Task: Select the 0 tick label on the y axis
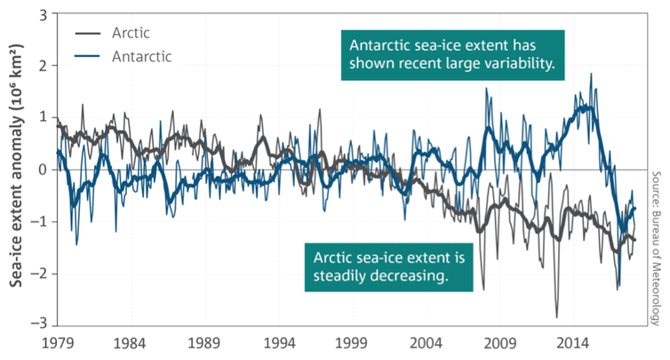tap(42, 169)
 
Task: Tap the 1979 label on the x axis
tap(56, 342)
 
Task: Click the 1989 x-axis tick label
tap(205, 342)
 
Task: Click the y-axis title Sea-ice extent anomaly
tap(15, 169)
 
